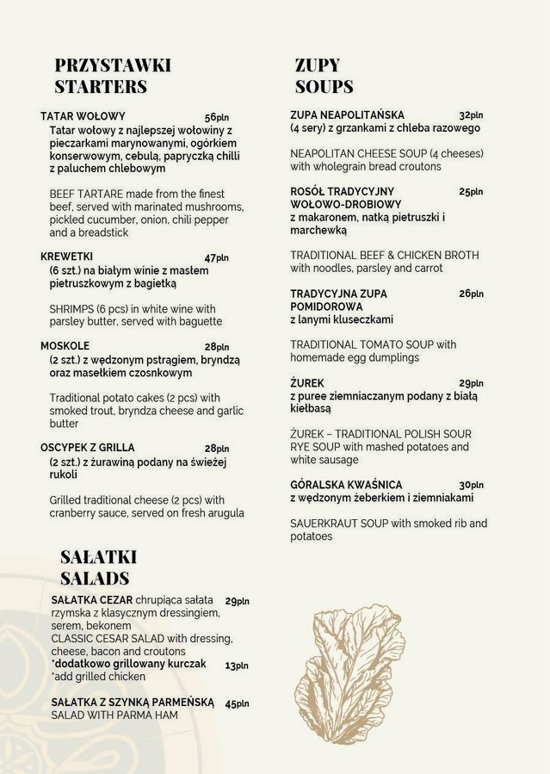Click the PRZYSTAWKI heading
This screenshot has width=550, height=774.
(x=113, y=65)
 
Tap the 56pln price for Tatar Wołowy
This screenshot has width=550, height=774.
(x=217, y=117)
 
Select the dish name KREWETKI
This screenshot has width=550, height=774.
(x=66, y=257)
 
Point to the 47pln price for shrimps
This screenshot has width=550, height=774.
(x=217, y=257)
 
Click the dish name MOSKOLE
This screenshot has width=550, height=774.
(x=65, y=346)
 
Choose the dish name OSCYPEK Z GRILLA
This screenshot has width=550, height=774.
(x=88, y=448)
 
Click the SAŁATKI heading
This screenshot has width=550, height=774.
(x=98, y=557)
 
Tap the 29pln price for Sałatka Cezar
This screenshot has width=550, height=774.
(x=237, y=601)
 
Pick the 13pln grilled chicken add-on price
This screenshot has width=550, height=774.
(x=237, y=666)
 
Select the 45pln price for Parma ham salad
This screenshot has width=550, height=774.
(x=237, y=703)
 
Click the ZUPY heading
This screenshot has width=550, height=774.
(x=318, y=65)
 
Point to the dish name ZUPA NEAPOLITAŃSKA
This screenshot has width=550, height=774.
(x=347, y=115)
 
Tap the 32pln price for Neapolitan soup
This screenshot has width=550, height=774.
(x=471, y=115)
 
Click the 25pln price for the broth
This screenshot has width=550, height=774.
(x=471, y=192)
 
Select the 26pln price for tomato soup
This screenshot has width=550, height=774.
(x=471, y=294)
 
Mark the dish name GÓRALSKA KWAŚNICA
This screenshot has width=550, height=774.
(x=346, y=485)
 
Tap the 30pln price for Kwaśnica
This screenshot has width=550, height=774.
(x=471, y=485)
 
